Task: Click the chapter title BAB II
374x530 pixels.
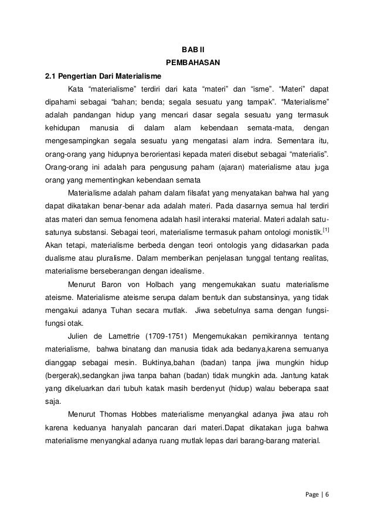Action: [188, 49]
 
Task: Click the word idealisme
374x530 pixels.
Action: [184, 271]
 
